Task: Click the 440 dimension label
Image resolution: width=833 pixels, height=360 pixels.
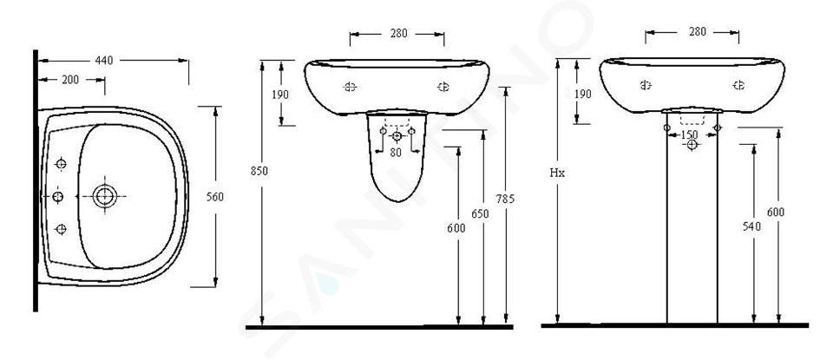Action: point(104,61)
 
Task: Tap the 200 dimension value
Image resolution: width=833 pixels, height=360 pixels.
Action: point(70,80)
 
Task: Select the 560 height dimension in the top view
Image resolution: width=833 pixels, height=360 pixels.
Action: point(215,197)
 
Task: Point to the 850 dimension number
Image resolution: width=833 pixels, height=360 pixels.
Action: point(259,172)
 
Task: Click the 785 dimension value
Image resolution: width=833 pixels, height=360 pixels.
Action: point(505,200)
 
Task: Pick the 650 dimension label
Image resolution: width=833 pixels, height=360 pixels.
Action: point(480,214)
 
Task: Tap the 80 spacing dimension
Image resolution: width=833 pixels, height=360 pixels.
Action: point(397,153)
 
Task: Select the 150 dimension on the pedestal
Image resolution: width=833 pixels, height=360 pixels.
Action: point(690,134)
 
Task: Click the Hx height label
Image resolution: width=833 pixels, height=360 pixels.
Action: point(557,173)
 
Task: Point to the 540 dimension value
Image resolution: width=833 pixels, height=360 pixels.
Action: point(751,226)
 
